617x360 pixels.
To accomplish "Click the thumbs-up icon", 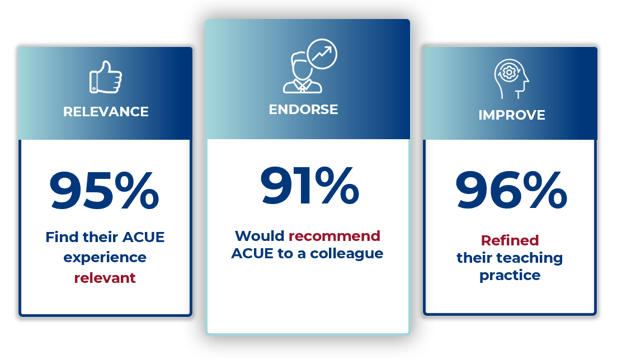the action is point(106,77).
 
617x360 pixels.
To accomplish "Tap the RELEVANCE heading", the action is point(106,112).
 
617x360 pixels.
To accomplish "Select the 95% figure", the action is point(104,191).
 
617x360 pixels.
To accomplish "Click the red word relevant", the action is point(105,278).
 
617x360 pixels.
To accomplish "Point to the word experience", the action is point(105,258).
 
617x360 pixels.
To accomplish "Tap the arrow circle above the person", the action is point(322,54).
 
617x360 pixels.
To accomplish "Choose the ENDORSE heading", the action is point(303,110).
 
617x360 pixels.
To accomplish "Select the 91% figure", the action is point(310,186).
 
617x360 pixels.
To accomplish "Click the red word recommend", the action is point(335,236).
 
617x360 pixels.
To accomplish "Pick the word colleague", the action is point(347,254).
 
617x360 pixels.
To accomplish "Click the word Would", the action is point(260,236).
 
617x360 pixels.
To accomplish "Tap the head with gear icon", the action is point(511,79).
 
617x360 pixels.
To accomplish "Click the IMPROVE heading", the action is point(512,115).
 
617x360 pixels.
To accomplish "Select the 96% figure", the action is point(511,190).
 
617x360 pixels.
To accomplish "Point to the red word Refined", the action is point(510,240).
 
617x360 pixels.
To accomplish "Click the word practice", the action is point(510,276).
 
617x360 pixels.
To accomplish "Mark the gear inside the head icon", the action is point(509,73).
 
